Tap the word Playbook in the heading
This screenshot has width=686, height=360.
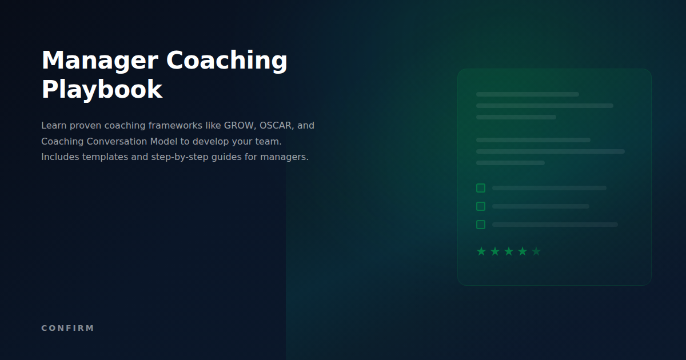click(x=102, y=90)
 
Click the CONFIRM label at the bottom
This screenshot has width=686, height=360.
click(x=67, y=328)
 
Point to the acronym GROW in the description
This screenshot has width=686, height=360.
click(x=239, y=125)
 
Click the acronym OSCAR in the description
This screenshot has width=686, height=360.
click(x=277, y=125)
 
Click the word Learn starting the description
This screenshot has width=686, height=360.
click(x=53, y=125)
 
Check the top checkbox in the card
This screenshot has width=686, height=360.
click(x=481, y=188)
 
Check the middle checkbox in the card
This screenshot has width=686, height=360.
click(x=481, y=206)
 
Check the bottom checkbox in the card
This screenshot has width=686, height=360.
click(x=481, y=225)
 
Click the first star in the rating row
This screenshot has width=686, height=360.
click(x=481, y=251)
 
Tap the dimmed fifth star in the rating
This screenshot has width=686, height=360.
click(x=536, y=251)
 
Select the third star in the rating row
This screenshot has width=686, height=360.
click(x=509, y=251)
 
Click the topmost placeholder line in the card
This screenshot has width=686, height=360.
click(x=527, y=94)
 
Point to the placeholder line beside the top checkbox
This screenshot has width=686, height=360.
click(x=549, y=188)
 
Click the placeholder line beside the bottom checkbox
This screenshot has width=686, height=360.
click(x=555, y=225)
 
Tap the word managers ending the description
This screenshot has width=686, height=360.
click(x=284, y=157)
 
